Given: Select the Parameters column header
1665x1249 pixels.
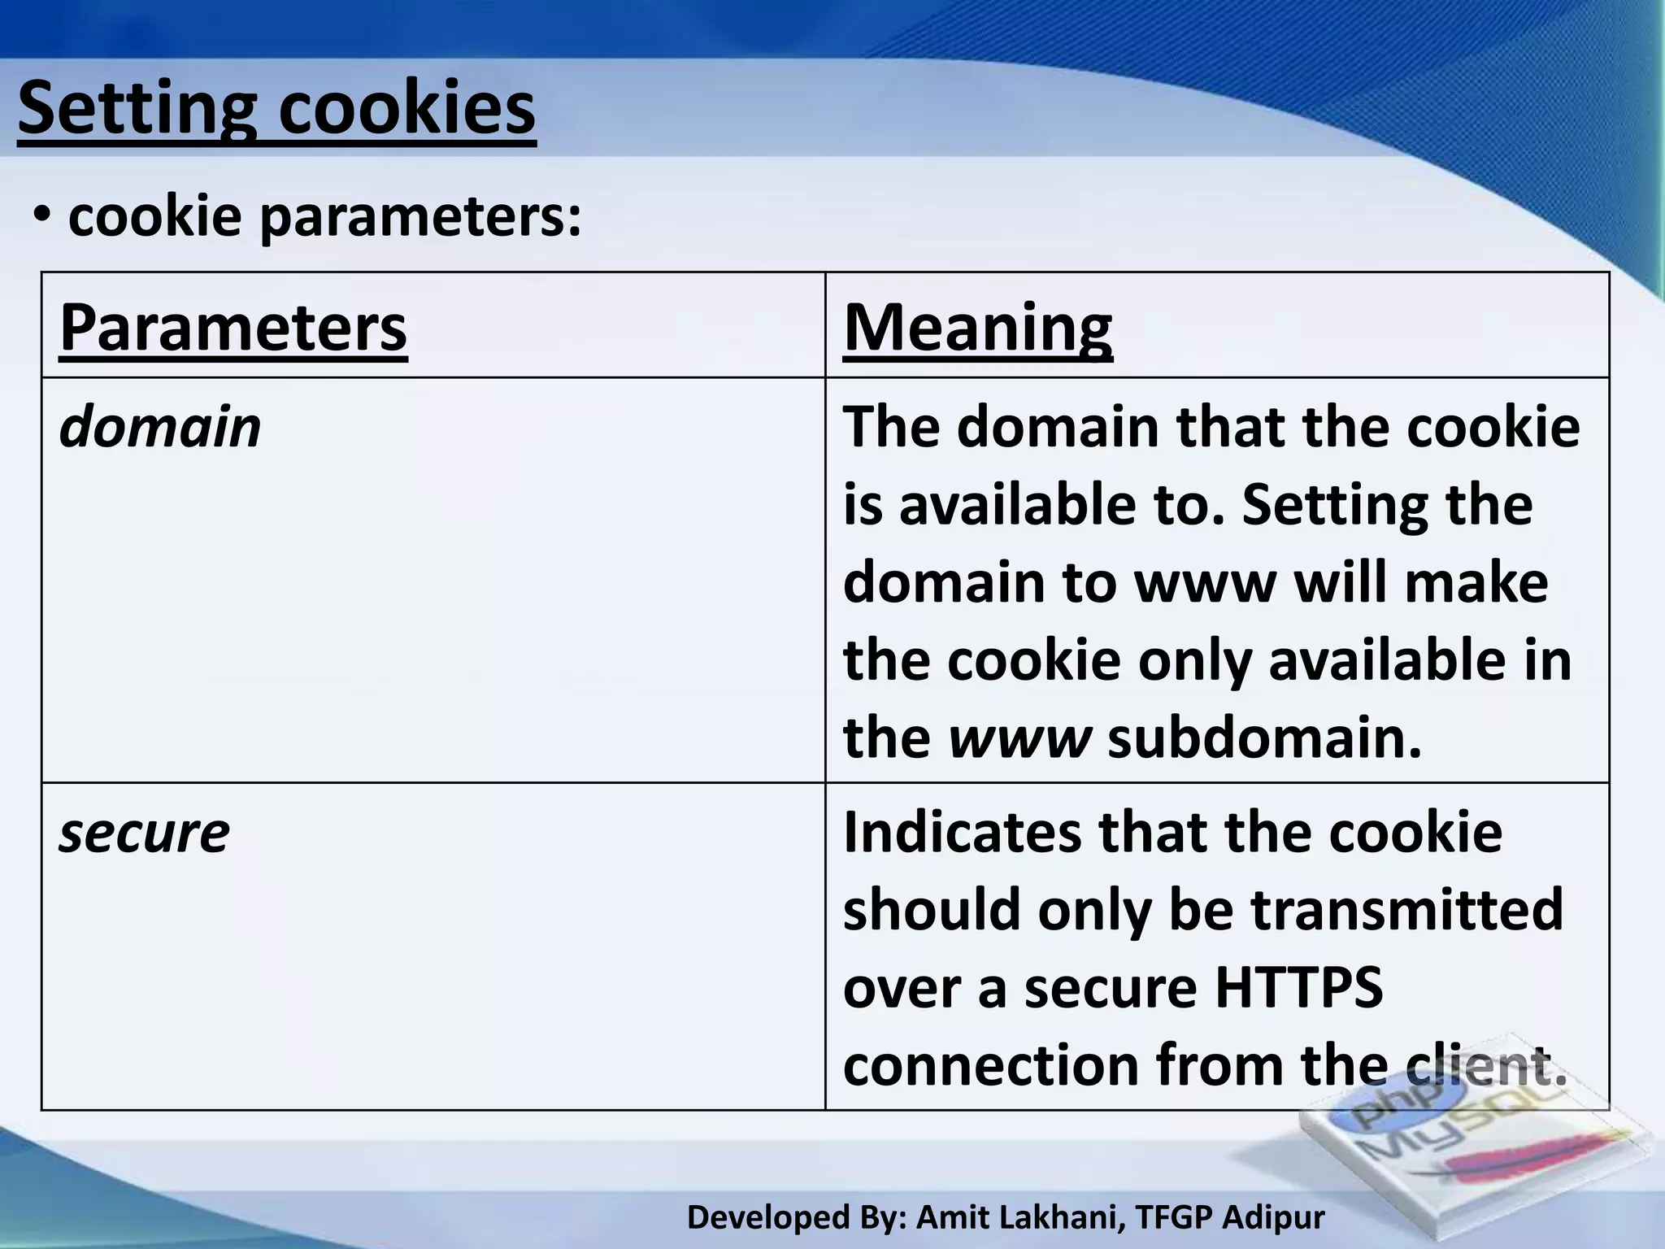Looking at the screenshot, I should [x=233, y=328].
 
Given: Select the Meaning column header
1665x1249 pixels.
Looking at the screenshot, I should [x=978, y=328].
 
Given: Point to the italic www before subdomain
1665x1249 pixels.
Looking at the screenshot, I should [x=1019, y=738].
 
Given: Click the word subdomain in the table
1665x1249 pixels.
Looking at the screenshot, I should [x=1264, y=738].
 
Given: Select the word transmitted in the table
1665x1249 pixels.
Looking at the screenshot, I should [x=1406, y=909].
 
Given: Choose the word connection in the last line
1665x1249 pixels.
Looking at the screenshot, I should [x=990, y=1065].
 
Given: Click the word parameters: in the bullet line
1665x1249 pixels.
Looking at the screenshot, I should [x=420, y=218].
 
